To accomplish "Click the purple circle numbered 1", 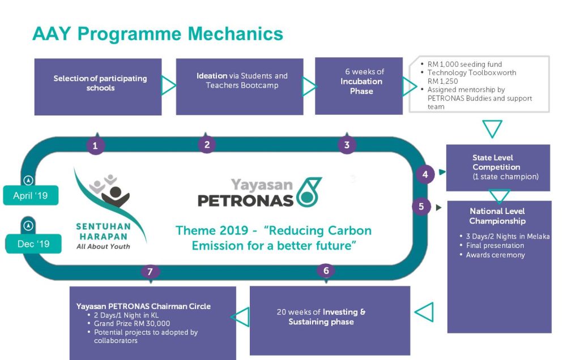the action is pyautogui.click(x=95, y=145).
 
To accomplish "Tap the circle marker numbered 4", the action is pyautogui.click(x=425, y=174).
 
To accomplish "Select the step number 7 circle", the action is pyautogui.click(x=150, y=272).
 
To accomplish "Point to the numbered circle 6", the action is pyautogui.click(x=326, y=271).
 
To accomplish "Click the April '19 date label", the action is pyautogui.click(x=31, y=195).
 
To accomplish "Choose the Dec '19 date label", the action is pyautogui.click(x=33, y=243).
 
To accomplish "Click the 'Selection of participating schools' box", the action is pyautogui.click(x=98, y=87).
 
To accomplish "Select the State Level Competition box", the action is pyautogui.click(x=498, y=168).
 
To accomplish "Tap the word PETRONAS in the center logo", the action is pyautogui.click(x=246, y=200).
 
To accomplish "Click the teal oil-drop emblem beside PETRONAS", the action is pyautogui.click(x=309, y=192).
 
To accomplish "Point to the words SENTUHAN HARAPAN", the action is pyautogui.click(x=103, y=232).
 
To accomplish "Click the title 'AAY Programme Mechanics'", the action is pyautogui.click(x=158, y=34).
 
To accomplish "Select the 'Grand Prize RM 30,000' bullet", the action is pyautogui.click(x=131, y=323).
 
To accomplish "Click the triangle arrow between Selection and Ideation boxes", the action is pyautogui.click(x=168, y=85).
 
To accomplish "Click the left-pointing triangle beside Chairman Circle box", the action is pyautogui.click(x=240, y=317).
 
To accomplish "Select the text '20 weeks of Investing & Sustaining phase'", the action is pyautogui.click(x=321, y=317).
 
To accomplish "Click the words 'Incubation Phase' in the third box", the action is pyautogui.click(x=361, y=86).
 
